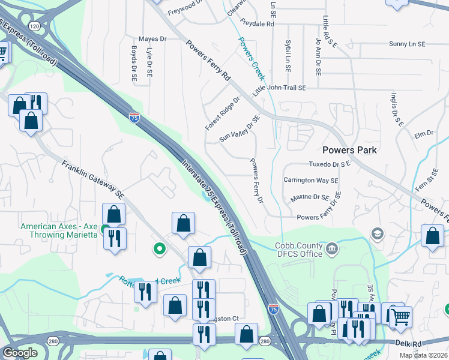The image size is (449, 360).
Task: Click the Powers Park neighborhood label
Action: [349, 150]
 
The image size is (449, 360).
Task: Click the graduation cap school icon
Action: [378, 233]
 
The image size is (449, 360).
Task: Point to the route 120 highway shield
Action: [34, 27]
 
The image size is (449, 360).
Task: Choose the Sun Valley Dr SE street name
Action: [240, 129]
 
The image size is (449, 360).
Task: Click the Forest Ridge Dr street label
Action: [221, 113]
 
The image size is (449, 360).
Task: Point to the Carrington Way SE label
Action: [311, 180]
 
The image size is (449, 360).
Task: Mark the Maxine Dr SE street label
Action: [310, 197]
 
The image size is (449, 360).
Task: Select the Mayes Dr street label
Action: [152, 39]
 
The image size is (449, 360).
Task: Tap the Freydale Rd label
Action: [257, 24]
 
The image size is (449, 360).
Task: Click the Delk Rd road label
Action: [409, 343]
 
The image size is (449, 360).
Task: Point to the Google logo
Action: [20, 352]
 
